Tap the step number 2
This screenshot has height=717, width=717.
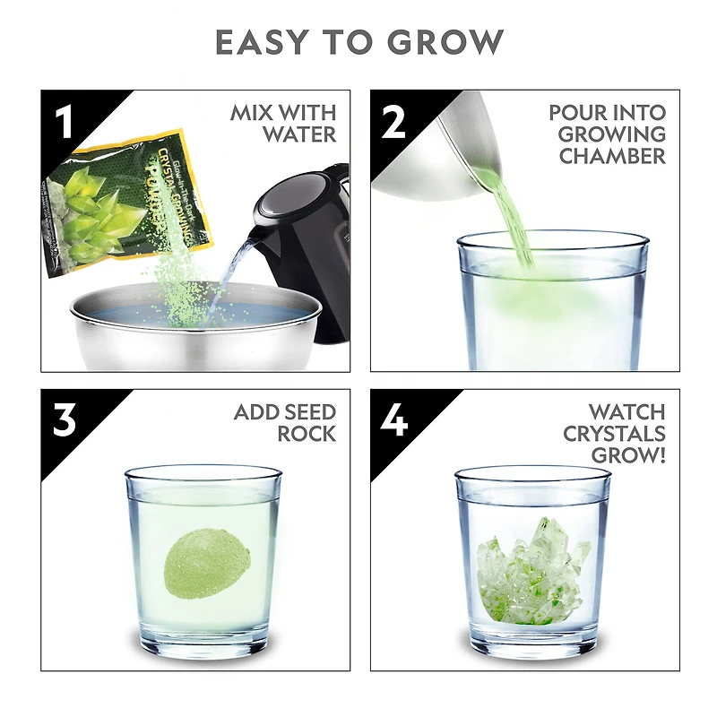coord(393,123)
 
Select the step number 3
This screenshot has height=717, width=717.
coord(64,421)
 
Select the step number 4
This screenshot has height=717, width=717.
coord(394,421)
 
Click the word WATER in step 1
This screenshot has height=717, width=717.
coord(299,135)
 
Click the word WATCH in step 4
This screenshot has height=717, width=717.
coord(627,412)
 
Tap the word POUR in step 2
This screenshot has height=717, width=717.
coord(576,113)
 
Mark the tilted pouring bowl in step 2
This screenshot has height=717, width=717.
coord(430,152)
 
